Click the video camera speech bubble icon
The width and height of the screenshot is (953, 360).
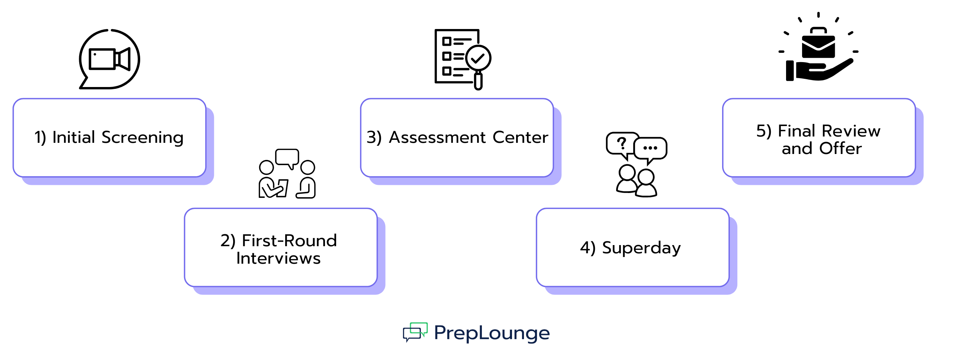(109, 59)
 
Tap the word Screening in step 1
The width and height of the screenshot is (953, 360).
(142, 138)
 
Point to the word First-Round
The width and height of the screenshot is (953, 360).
(289, 241)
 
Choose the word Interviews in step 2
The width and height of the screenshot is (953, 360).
(279, 258)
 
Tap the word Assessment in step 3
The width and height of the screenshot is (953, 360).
(437, 138)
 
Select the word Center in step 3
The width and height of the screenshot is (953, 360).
(520, 138)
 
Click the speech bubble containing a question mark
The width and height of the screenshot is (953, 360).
(621, 144)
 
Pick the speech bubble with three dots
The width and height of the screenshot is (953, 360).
(650, 148)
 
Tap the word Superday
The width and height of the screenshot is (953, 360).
(641, 248)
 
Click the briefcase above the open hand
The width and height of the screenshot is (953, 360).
(818, 44)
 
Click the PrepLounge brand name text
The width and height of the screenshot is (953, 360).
(492, 333)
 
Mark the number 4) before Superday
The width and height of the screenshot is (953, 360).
(588, 248)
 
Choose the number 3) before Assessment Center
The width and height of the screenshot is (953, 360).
(374, 138)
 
